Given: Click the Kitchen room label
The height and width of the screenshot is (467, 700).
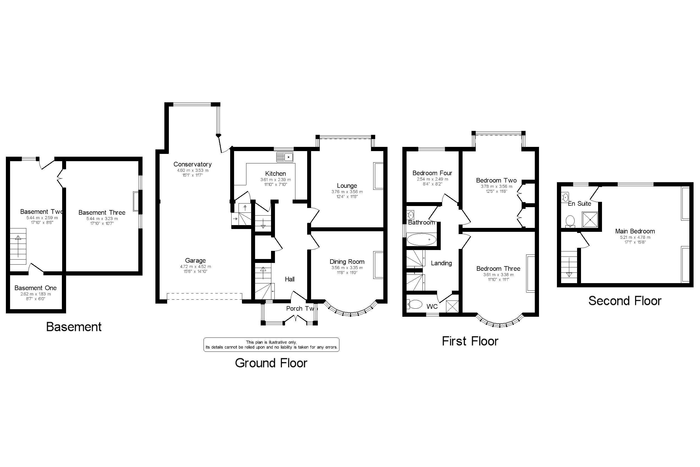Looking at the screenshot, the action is [x=275, y=174].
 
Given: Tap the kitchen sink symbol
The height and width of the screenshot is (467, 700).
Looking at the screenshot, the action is [x=285, y=157].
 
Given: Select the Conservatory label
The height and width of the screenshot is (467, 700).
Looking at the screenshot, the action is [x=192, y=164].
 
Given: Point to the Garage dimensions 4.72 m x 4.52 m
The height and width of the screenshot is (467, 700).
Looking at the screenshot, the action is [x=195, y=267].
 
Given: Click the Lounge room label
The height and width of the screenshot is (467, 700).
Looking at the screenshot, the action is [x=347, y=186].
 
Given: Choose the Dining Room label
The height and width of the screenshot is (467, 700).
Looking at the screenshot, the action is [x=347, y=262].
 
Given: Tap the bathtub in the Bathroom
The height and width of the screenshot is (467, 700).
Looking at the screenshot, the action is [x=421, y=239].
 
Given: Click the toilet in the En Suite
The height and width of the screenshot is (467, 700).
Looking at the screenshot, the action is [x=570, y=221].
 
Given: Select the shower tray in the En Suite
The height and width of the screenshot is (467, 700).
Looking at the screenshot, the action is [x=590, y=219].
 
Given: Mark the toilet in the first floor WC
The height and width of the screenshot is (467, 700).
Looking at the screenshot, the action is [x=415, y=304].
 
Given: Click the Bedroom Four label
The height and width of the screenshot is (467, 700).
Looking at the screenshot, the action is [x=432, y=173].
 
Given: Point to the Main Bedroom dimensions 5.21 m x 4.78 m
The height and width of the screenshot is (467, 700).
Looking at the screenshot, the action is [x=635, y=237].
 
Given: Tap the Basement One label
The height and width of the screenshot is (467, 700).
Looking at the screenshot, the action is [x=35, y=288].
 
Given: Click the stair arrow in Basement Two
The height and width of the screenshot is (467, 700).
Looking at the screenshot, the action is [x=18, y=246].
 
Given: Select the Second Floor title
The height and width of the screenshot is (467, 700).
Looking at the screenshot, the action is [x=625, y=301].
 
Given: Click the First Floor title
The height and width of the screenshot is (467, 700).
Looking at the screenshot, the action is [x=470, y=341].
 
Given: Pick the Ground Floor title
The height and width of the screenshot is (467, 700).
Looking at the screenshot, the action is [x=271, y=363].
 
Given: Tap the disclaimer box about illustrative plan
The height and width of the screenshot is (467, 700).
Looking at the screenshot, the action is [x=271, y=345].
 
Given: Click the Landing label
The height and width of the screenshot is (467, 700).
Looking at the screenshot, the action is [x=441, y=263].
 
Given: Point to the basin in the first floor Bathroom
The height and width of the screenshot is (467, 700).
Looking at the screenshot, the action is [x=411, y=215].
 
